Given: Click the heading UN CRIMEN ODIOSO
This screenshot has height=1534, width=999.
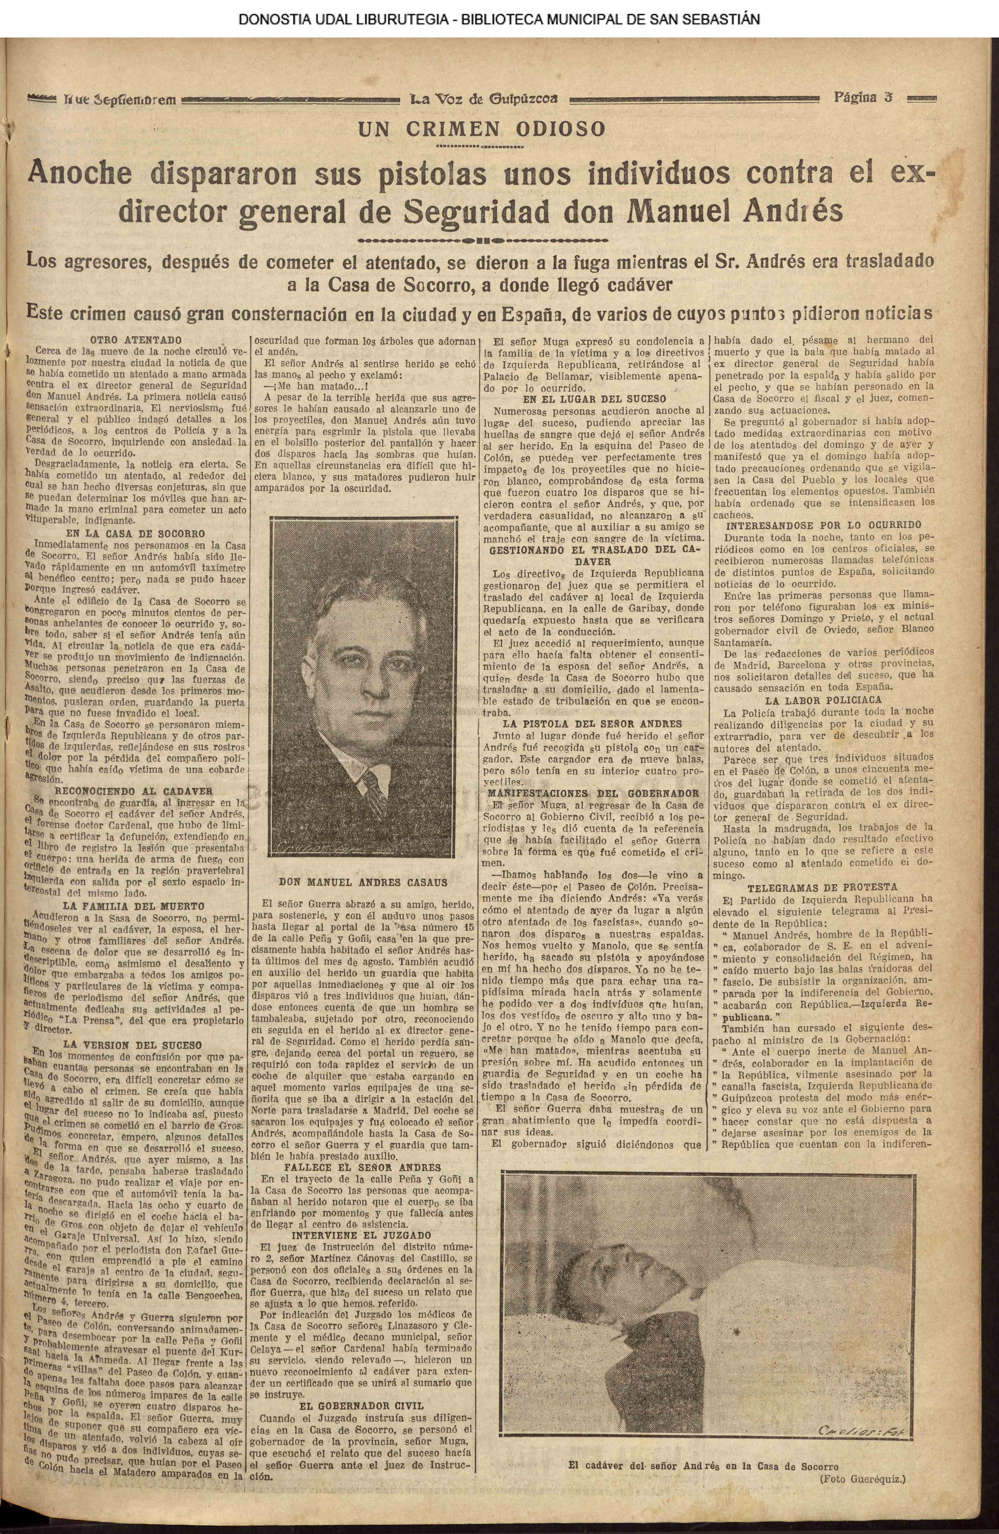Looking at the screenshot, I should click(482, 129).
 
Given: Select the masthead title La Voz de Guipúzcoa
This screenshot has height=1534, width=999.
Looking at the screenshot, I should click(484, 99).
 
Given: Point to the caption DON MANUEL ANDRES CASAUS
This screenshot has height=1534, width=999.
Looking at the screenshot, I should click(364, 882).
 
